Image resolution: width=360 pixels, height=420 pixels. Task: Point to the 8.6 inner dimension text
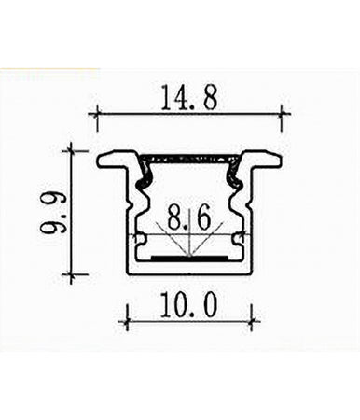[x=187, y=221]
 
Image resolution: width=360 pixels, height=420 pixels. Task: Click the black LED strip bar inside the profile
[x=188, y=254]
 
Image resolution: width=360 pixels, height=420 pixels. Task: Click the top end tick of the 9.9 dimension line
[x=72, y=147]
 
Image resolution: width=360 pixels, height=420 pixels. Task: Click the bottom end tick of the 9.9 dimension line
[x=72, y=275]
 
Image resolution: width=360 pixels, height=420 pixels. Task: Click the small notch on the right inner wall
[x=239, y=245]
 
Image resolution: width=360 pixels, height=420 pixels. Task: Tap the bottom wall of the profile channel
[x=188, y=272]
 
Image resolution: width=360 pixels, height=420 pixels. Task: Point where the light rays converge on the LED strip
[x=188, y=252]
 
